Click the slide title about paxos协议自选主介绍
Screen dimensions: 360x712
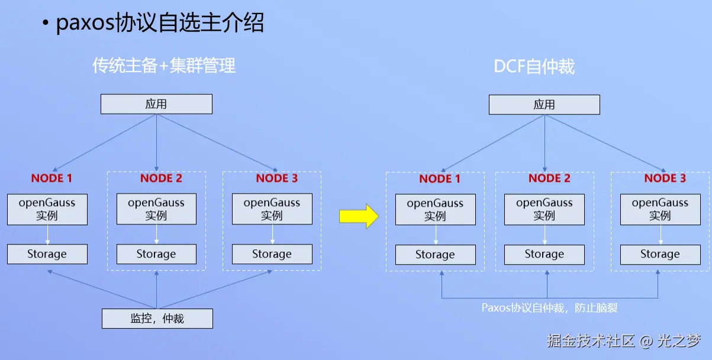click(160, 23)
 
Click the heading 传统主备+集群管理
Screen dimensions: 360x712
click(164, 65)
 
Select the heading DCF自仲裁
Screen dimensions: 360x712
click(534, 66)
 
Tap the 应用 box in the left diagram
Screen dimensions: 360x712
click(156, 104)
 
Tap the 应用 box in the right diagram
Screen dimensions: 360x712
click(544, 105)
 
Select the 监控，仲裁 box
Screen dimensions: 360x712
click(157, 319)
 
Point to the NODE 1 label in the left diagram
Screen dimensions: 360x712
click(51, 178)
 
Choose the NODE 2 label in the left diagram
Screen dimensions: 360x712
click(161, 178)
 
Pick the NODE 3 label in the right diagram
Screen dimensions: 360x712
click(665, 178)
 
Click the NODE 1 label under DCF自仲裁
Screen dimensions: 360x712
click(440, 179)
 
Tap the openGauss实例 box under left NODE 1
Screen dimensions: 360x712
click(47, 209)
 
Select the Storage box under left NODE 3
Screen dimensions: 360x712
click(272, 254)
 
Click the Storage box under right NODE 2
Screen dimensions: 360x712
click(544, 255)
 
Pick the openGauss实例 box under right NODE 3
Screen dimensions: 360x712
click(660, 210)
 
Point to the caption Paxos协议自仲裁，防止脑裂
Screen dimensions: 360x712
click(550, 308)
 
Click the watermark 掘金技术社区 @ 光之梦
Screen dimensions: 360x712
click(623, 341)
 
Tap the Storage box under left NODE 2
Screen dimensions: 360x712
click(156, 254)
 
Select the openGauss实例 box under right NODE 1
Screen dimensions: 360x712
click(435, 210)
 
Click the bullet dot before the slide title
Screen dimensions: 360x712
click(45, 24)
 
